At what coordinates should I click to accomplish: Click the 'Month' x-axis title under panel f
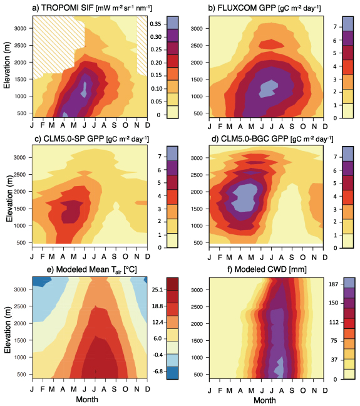(264, 399)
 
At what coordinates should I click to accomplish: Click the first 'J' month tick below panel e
(32, 388)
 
